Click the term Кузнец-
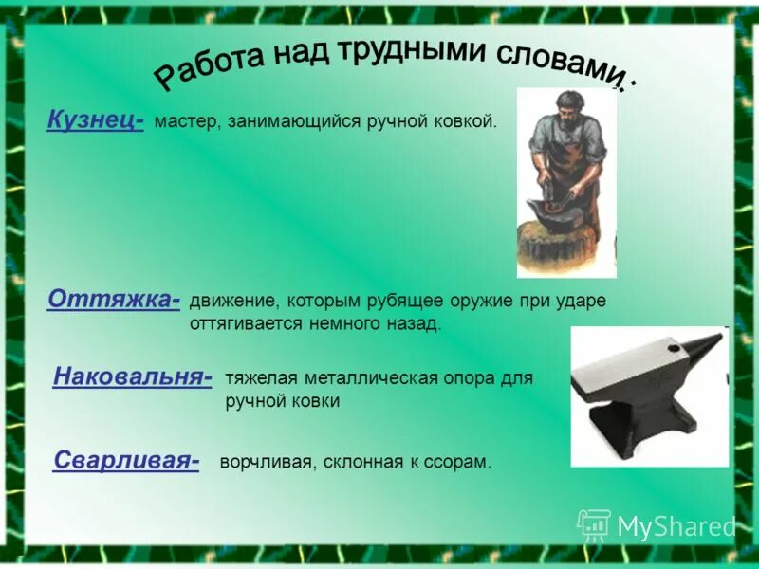click(x=95, y=121)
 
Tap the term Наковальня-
click(x=132, y=376)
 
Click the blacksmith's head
click(x=561, y=104)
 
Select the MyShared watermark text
click(x=676, y=526)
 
